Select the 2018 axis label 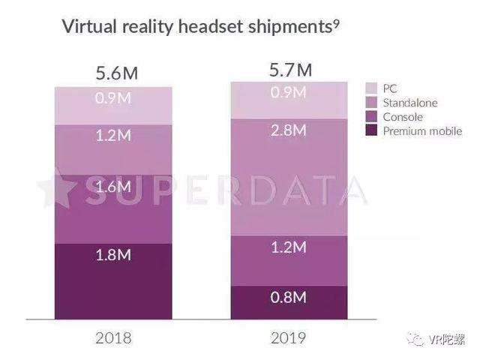113,337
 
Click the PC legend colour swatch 371,88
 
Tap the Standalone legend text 410,103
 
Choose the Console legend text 403,117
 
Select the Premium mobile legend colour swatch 371,131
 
